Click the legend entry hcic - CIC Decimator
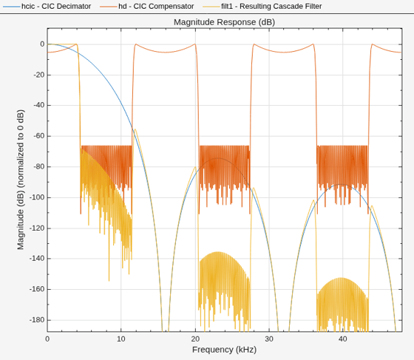(56, 7)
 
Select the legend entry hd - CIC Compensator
(156, 7)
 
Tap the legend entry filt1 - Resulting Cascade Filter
(271, 7)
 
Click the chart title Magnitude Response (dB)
(224, 22)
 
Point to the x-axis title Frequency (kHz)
(224, 350)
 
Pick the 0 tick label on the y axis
(42, 44)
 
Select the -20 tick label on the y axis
(38, 75)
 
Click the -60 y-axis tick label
(38, 136)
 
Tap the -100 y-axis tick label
(37, 197)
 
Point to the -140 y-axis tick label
(37, 259)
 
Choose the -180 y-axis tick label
(37, 320)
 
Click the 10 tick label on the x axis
(121, 339)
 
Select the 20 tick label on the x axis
(195, 339)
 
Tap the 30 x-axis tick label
(269, 339)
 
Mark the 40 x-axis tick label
(343, 339)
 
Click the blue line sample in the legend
(12, 7)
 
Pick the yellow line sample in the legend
(211, 7)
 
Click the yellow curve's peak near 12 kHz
(135, 129)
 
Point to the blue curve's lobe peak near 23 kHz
(218, 158)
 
